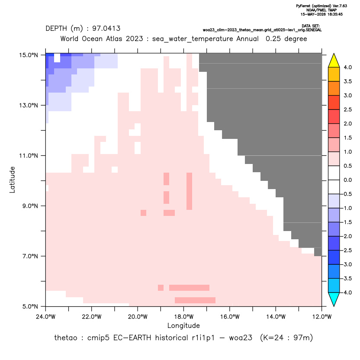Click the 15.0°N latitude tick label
(x=29, y=55)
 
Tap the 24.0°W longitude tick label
(x=46, y=317)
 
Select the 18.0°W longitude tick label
(x=183, y=317)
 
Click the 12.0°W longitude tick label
(x=322, y=317)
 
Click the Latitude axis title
(x=12, y=180)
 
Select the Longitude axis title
(x=183, y=325)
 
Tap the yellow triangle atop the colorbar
(x=334, y=61)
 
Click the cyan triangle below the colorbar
(x=334, y=299)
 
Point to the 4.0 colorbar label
(x=347, y=67)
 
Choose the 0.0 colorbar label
(x=347, y=180)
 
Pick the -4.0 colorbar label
(x=347, y=292)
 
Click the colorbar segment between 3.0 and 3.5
(x=334, y=88)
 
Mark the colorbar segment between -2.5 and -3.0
(x=334, y=257)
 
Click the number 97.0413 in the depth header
(x=106, y=29)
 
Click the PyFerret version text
(x=321, y=6)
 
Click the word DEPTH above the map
(x=56, y=29)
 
